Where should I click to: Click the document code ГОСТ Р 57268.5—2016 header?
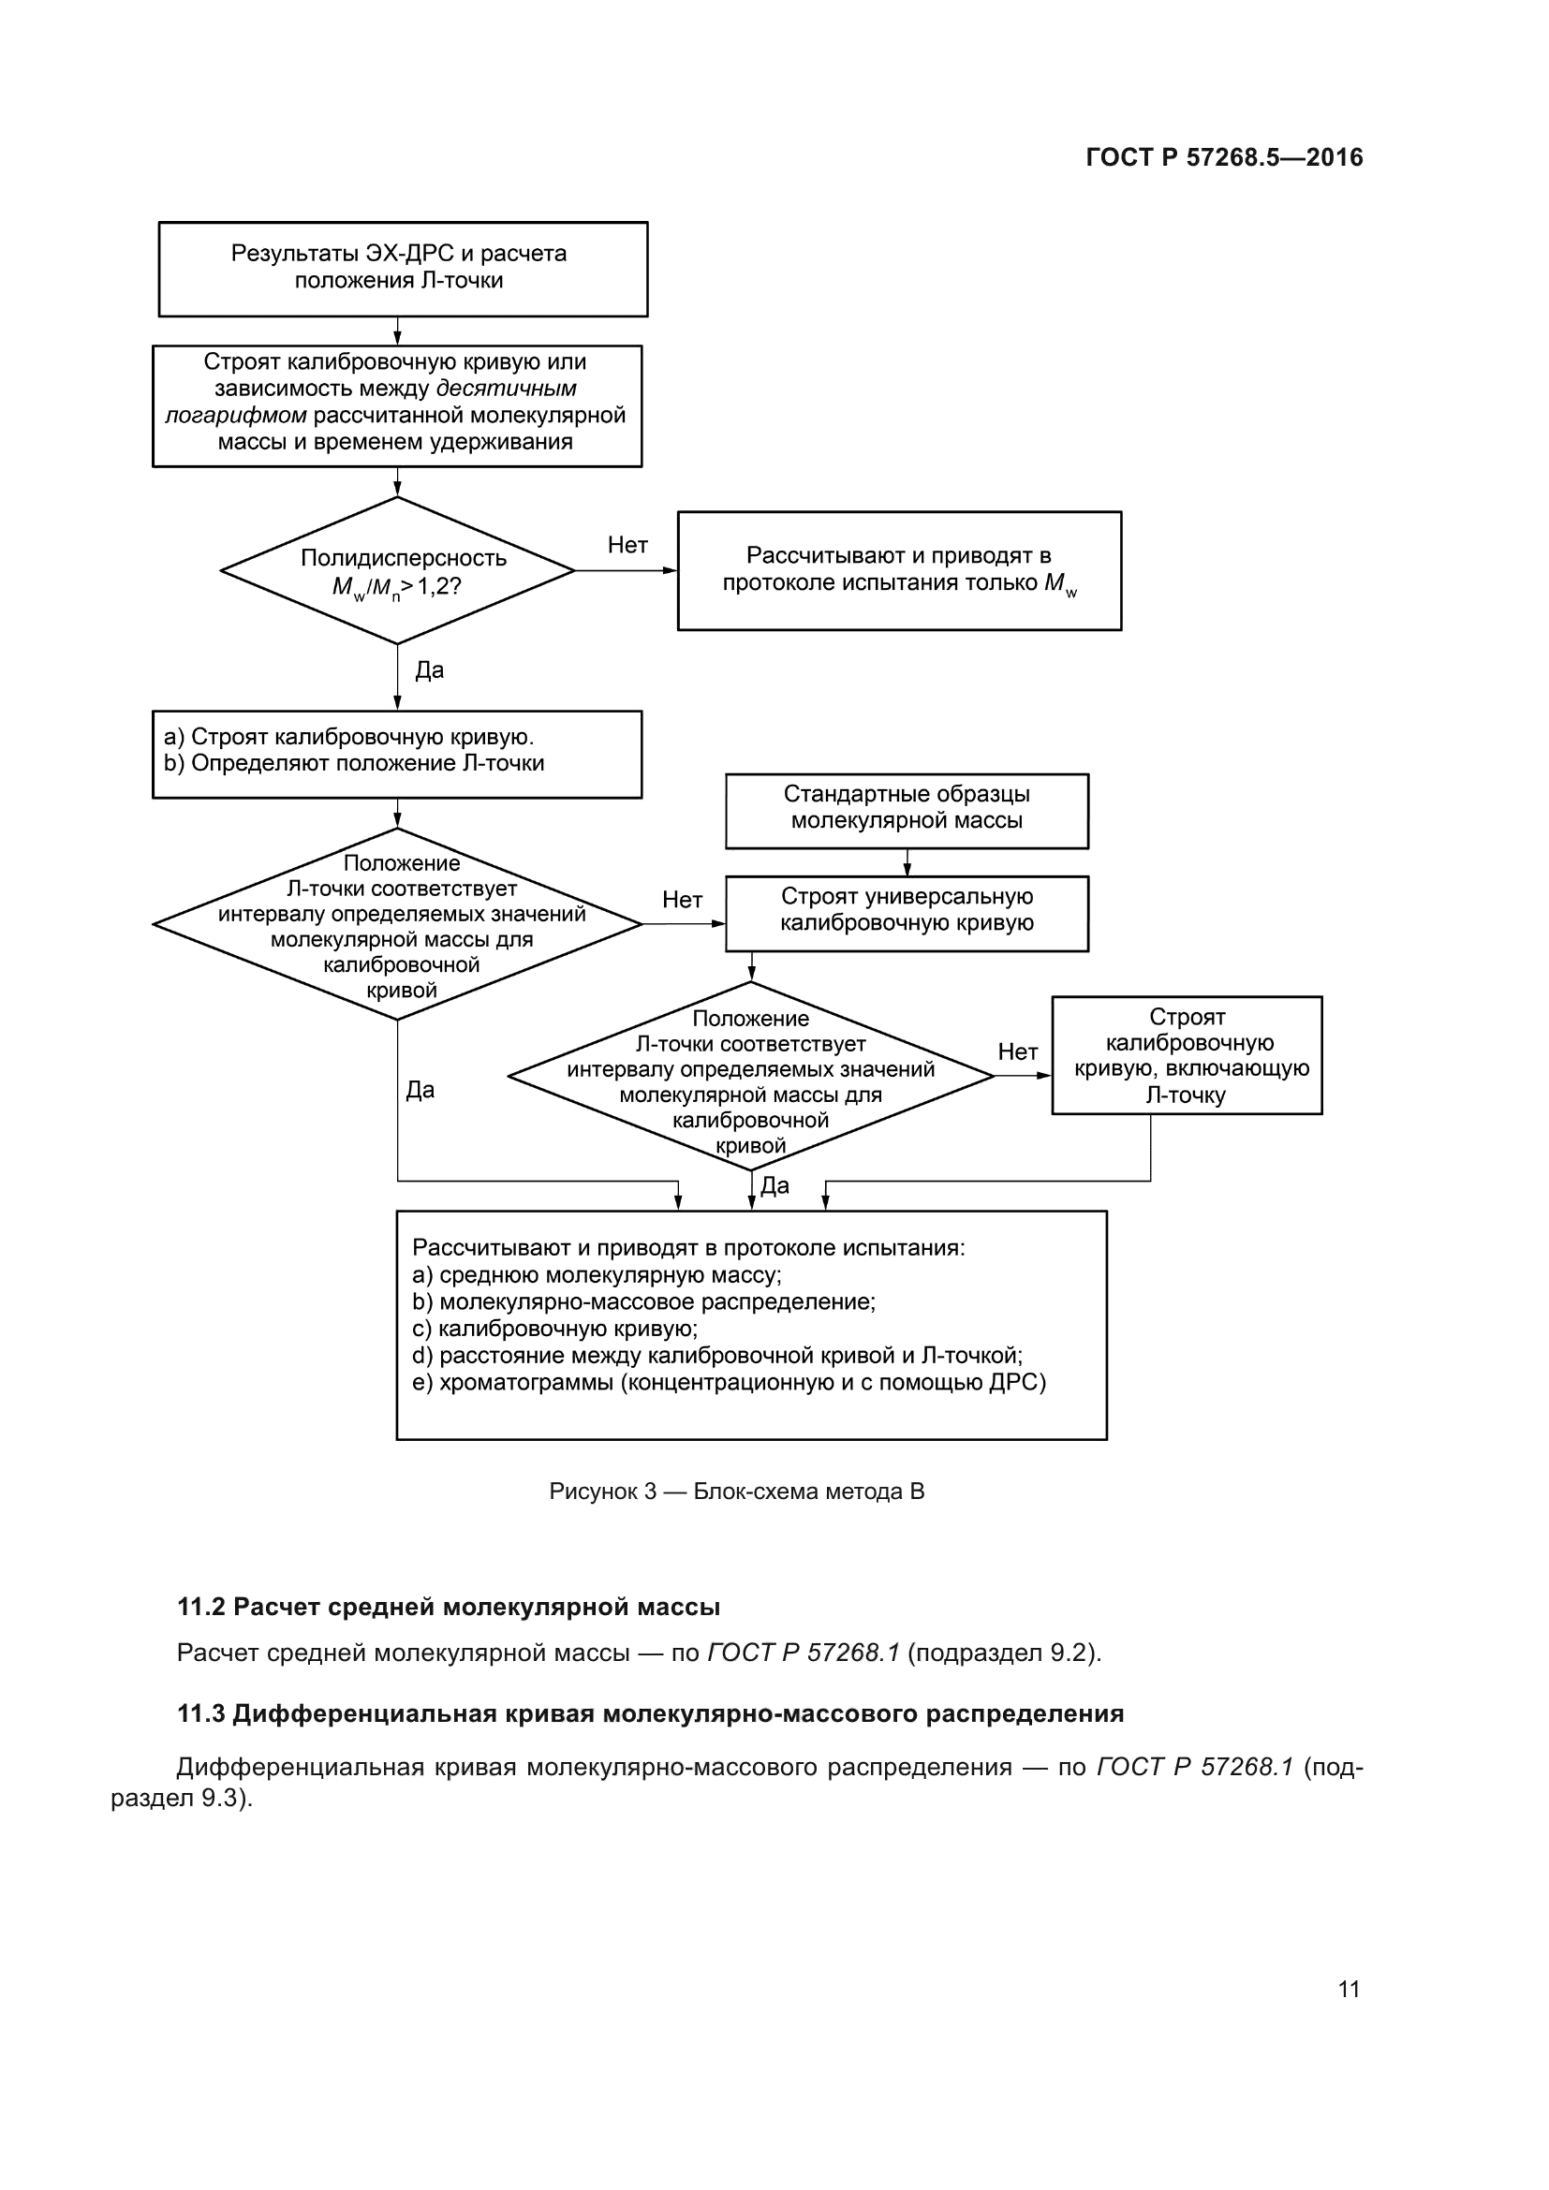[x=1224, y=157]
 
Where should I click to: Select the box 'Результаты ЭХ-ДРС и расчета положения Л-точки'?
[x=403, y=268]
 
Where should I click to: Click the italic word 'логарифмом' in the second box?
[x=236, y=416]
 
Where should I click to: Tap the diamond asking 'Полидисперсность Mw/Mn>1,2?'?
[x=397, y=570]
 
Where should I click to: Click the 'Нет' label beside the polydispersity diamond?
[x=627, y=545]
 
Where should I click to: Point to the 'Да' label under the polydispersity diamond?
[x=429, y=669]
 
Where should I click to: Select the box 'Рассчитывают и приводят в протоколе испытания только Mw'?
[x=898, y=570]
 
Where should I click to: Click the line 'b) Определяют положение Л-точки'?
[x=354, y=763]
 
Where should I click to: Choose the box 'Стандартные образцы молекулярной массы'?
[x=907, y=810]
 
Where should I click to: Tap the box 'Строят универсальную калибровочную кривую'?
[x=907, y=912]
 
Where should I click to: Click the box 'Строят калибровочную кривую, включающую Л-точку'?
[x=1187, y=1055]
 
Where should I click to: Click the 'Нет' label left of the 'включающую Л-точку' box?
[x=1017, y=1051]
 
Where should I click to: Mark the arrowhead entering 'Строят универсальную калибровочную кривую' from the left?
[x=719, y=923]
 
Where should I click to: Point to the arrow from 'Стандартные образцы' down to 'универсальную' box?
[x=907, y=863]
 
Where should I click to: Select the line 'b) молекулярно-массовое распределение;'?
[x=643, y=1302]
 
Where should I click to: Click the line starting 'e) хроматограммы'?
[x=729, y=1382]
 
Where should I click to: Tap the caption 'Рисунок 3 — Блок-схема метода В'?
[x=736, y=1491]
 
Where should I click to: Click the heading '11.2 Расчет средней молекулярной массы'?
[x=449, y=1608]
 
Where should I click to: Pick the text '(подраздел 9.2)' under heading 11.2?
[x=1002, y=1653]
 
